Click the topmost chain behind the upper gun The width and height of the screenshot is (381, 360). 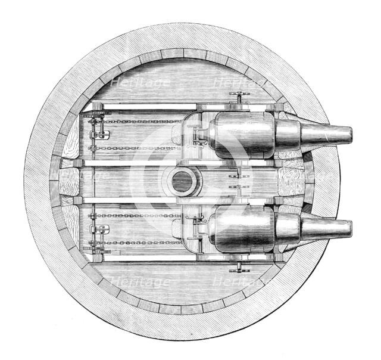tap(134, 121)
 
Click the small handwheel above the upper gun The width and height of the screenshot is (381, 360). tap(239, 98)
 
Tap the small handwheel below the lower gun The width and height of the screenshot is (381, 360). tap(239, 265)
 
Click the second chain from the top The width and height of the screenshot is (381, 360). tap(134, 148)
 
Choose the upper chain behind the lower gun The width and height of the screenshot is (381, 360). tap(134, 215)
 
